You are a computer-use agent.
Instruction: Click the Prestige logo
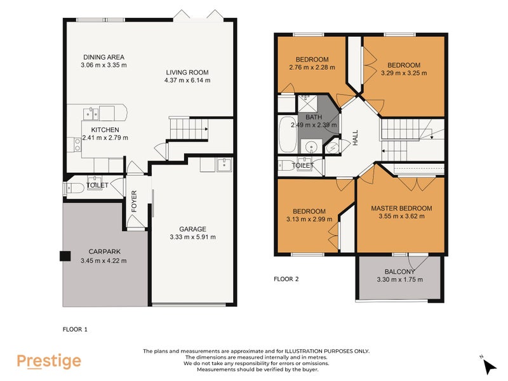[49, 361]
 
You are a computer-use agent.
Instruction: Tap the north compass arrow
[489, 366]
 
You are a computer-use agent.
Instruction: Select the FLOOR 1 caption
[75, 329]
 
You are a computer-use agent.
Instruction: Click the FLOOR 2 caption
[286, 279]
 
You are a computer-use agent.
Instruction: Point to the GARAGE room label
[192, 229]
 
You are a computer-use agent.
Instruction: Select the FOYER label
[134, 200]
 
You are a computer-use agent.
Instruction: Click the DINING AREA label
[103, 56]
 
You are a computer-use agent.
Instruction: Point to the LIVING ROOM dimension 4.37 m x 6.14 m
[187, 81]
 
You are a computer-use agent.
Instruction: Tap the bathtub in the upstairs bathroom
[287, 135]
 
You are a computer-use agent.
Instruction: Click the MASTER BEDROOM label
[401, 208]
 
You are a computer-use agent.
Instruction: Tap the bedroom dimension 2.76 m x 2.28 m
[311, 67]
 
